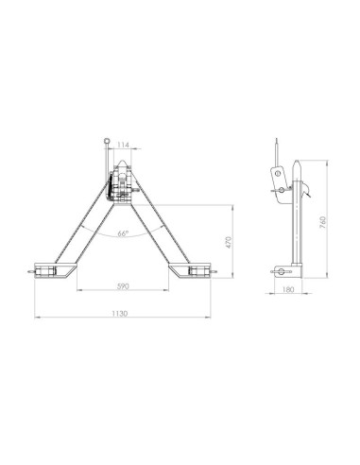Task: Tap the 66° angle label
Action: [x=124, y=233]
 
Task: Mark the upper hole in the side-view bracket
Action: [x=278, y=174]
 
